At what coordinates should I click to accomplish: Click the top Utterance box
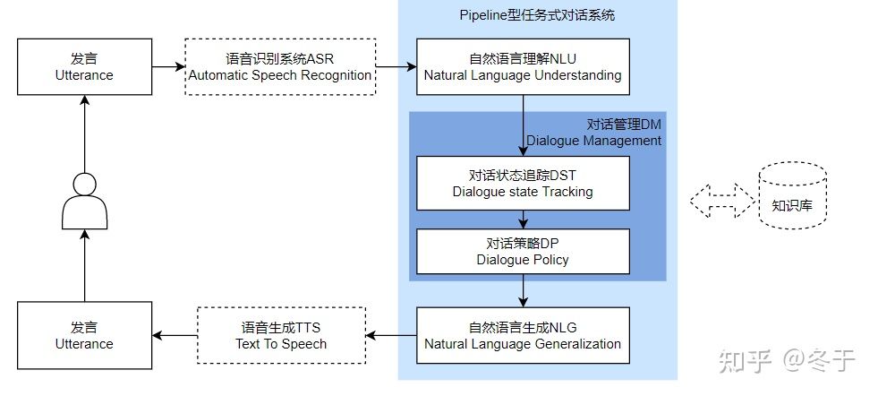click(x=84, y=67)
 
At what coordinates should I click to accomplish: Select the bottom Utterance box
click(x=84, y=335)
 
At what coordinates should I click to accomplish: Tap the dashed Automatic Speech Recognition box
click(x=280, y=67)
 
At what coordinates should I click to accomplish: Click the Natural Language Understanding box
click(x=523, y=67)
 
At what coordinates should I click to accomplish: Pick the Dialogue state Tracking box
click(x=523, y=183)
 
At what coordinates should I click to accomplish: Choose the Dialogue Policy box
click(x=523, y=252)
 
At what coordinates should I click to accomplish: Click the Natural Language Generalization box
click(x=523, y=335)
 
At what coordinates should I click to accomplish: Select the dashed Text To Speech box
click(x=281, y=335)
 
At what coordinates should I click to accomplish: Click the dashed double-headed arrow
click(x=721, y=200)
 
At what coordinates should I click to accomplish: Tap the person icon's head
click(x=84, y=185)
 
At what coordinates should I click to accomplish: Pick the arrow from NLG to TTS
click(x=392, y=336)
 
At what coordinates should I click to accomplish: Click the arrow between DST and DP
click(x=523, y=219)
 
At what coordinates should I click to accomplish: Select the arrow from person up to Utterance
click(x=84, y=134)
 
